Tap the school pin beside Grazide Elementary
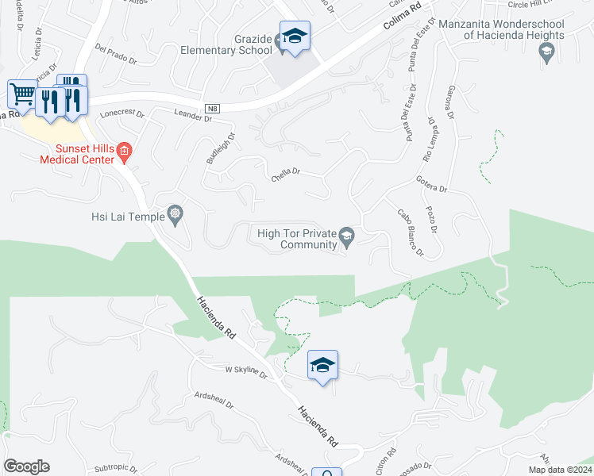point(295,36)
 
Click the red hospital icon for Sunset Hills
point(124,149)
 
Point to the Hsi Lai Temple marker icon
point(175,214)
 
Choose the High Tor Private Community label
point(297,239)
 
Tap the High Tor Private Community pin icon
point(346,235)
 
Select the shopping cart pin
point(23,94)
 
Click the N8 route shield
point(210,109)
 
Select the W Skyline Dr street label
point(247,371)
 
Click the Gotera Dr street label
point(431,185)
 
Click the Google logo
point(26,466)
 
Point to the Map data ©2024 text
point(559,470)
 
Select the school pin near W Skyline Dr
point(323,366)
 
